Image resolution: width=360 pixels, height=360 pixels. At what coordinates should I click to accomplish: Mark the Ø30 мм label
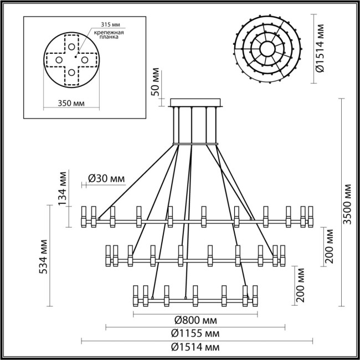pos(106,178)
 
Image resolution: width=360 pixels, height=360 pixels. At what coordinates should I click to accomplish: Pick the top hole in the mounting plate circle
pos(72,45)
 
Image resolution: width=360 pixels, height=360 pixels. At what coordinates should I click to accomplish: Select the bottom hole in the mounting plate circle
pos(72,72)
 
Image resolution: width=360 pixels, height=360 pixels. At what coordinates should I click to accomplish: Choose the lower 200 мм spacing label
pos(300,284)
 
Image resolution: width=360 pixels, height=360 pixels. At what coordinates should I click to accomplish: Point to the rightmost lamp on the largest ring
pos(311,216)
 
